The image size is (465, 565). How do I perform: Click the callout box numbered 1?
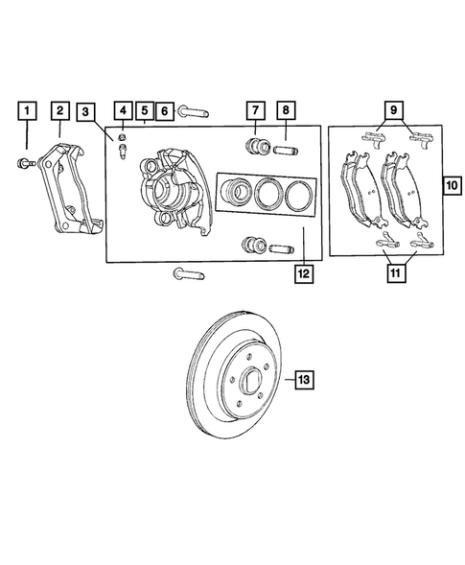click(x=30, y=111)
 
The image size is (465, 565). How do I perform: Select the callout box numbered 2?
click(x=59, y=111)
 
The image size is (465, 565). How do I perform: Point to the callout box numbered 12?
click(x=303, y=273)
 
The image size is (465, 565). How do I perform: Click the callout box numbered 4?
click(x=125, y=111)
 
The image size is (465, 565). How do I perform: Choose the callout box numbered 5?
click(x=144, y=111)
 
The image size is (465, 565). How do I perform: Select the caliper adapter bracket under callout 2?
click(x=67, y=192)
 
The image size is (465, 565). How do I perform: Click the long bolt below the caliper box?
click(x=187, y=275)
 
